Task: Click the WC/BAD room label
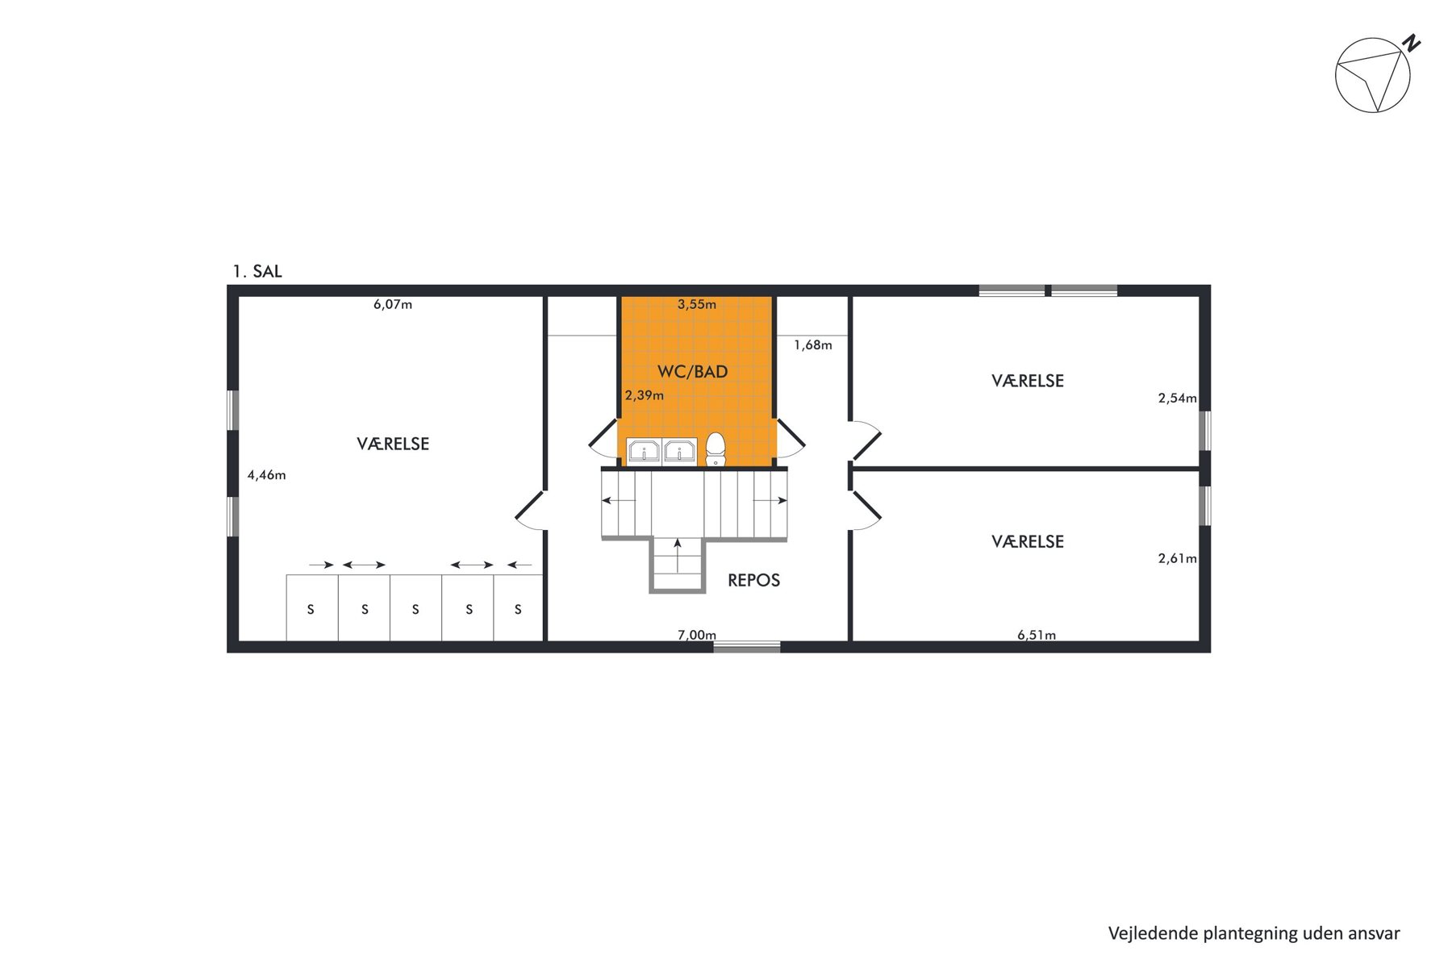click(x=692, y=372)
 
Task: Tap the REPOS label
click(x=753, y=580)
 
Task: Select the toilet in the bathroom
click(x=716, y=449)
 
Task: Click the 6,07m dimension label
click(x=393, y=305)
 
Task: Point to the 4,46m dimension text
click(x=266, y=475)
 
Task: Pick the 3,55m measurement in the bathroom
click(x=697, y=305)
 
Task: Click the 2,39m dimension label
click(x=645, y=395)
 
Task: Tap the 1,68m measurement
click(x=813, y=345)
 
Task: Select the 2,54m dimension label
click(x=1178, y=398)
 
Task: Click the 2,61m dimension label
click(x=1178, y=558)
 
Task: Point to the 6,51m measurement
click(x=1037, y=635)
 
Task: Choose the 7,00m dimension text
click(x=697, y=635)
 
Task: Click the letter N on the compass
click(x=1411, y=43)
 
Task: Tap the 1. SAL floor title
click(x=257, y=272)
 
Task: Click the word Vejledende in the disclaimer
click(x=1152, y=933)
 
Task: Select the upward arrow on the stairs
click(x=678, y=554)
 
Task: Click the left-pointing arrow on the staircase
click(x=619, y=501)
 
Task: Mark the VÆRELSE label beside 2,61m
click(x=1028, y=542)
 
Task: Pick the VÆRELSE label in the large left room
click(x=393, y=444)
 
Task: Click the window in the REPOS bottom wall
click(x=747, y=646)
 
